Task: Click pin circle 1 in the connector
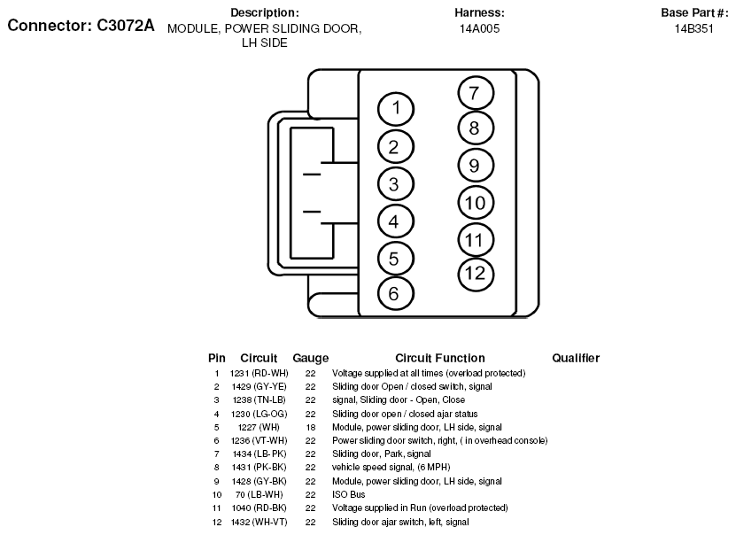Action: point(396,109)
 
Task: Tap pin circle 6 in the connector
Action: point(394,293)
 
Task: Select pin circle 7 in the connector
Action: point(475,93)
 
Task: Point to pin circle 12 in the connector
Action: point(476,273)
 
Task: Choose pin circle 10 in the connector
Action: point(475,203)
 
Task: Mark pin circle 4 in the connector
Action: point(394,221)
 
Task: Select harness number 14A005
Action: point(479,28)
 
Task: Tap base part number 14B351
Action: point(693,28)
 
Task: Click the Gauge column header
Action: point(311,358)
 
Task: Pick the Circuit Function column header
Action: point(439,358)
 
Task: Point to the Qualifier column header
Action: point(576,358)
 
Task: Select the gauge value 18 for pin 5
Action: point(311,427)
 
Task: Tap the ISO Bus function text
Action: point(350,494)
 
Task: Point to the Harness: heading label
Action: point(479,12)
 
